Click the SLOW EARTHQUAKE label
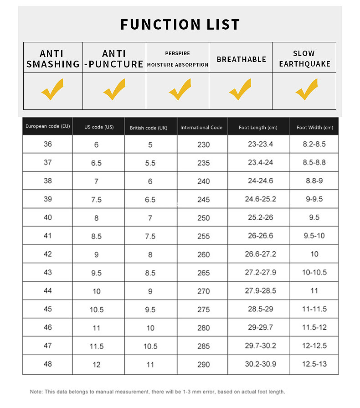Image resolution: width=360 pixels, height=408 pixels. pyautogui.click(x=304, y=59)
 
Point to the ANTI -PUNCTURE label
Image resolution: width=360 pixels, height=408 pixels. pyautogui.click(x=114, y=59)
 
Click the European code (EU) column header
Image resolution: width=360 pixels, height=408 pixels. pyautogui.click(x=48, y=126)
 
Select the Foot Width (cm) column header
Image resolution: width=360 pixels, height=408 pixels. pyautogui.click(x=314, y=128)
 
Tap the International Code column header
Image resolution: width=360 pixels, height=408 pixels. pyautogui.click(x=201, y=128)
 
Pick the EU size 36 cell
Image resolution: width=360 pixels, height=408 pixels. pyautogui.click(x=48, y=144)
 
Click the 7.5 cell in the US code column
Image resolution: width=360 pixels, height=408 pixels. pyautogui.click(x=96, y=200)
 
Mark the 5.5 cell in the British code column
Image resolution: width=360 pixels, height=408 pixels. pyautogui.click(x=150, y=163)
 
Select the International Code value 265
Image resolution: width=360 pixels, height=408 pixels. pyautogui.click(x=204, y=273)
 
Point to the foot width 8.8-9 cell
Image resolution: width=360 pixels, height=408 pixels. pyautogui.click(x=314, y=181)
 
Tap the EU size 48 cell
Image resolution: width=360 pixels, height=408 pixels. pyautogui.click(x=48, y=364)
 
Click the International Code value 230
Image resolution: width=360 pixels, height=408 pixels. pyautogui.click(x=204, y=145)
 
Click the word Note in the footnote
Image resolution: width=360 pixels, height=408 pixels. pyautogui.click(x=36, y=392)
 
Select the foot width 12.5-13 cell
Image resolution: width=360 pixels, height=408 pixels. pyautogui.click(x=314, y=364)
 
